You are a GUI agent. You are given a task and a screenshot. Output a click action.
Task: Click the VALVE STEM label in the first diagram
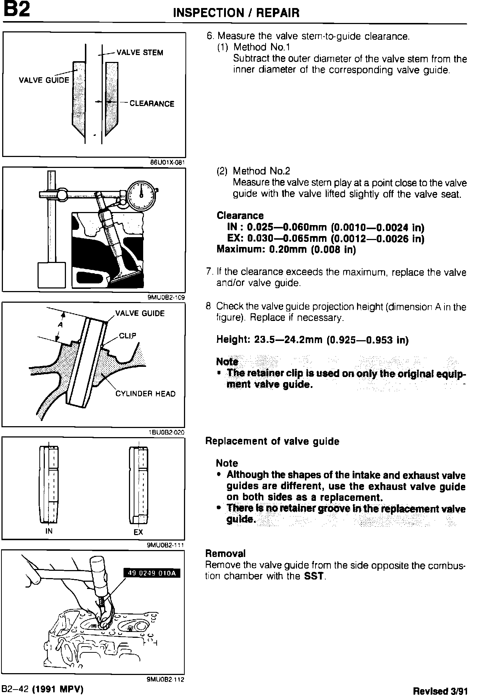pyautogui.click(x=140, y=52)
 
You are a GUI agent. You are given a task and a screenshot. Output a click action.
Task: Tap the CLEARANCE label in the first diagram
pyautogui.click(x=152, y=104)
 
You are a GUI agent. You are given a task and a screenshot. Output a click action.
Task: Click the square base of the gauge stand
pyautogui.click(x=52, y=275)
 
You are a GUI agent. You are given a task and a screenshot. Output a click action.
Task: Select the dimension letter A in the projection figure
pyautogui.click(x=60, y=325)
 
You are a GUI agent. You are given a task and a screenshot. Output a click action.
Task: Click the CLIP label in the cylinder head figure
pyautogui.click(x=128, y=335)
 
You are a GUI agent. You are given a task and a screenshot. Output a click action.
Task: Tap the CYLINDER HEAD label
pyautogui.click(x=145, y=394)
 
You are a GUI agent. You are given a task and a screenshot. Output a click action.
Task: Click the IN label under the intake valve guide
pyautogui.click(x=49, y=531)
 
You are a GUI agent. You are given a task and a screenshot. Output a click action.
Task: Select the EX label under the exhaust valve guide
pyautogui.click(x=138, y=532)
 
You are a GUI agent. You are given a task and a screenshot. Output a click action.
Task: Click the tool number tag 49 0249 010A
pyautogui.click(x=152, y=573)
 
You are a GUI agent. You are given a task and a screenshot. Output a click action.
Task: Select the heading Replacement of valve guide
pyautogui.click(x=272, y=441)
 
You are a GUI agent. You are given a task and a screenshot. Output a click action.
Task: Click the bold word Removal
pyautogui.click(x=226, y=554)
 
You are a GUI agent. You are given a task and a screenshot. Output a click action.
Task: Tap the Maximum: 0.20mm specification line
pyautogui.click(x=286, y=250)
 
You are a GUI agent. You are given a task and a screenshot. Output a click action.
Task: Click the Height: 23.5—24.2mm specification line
pyautogui.click(x=312, y=340)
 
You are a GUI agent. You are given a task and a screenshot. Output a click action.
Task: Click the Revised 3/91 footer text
pyautogui.click(x=440, y=690)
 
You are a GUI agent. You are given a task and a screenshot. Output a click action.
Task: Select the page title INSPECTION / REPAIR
pyautogui.click(x=236, y=13)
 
